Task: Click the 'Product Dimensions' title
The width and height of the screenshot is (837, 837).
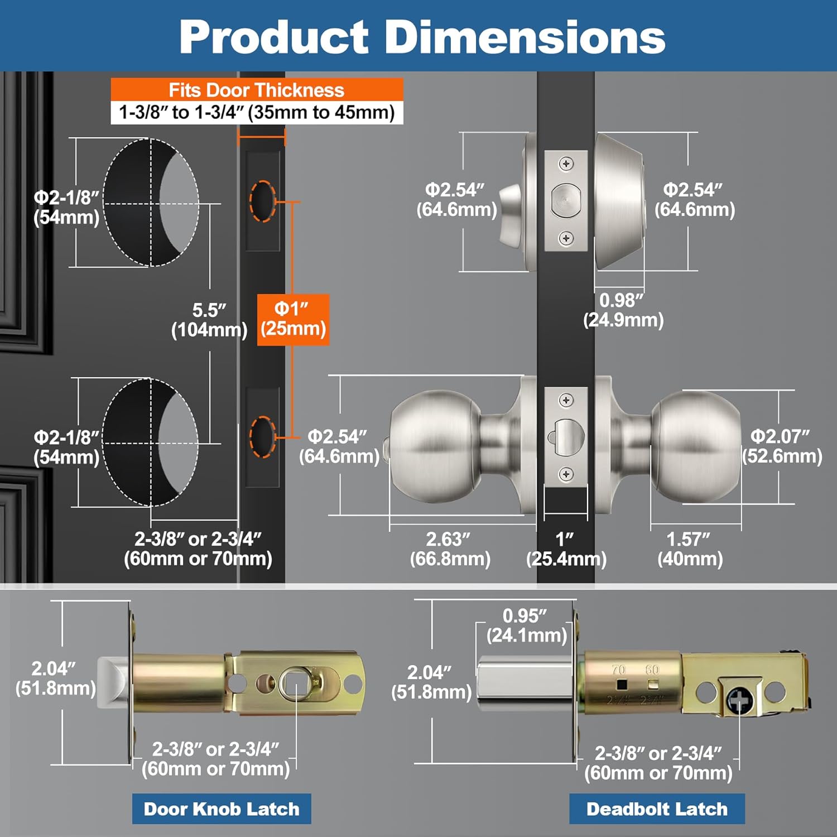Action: pos(422,37)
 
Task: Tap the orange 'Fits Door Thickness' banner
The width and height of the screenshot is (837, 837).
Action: pos(257,90)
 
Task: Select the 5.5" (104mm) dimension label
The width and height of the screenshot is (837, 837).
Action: pos(209,320)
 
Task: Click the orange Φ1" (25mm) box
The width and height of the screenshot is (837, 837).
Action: pos(293,319)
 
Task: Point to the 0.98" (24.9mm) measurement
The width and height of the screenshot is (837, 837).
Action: pos(623,310)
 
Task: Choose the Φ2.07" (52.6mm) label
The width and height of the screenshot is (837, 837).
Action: pos(781,446)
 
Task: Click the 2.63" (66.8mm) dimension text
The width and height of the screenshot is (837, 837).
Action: pos(450,549)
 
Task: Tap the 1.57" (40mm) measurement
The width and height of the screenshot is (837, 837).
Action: pos(690,549)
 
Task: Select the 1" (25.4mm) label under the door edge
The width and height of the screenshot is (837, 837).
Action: pos(566,549)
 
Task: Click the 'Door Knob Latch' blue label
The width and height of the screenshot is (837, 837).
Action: pos(222,809)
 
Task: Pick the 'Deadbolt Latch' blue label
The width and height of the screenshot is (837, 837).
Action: pos(657,809)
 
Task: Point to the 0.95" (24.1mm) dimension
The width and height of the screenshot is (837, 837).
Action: pos(526,625)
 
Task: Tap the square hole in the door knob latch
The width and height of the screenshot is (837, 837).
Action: pos(294,682)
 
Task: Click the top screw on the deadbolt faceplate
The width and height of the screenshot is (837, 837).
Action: pos(566,163)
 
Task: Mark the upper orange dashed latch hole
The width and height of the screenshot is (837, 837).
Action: pos(262,201)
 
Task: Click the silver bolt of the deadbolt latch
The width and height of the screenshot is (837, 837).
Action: pos(525,683)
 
